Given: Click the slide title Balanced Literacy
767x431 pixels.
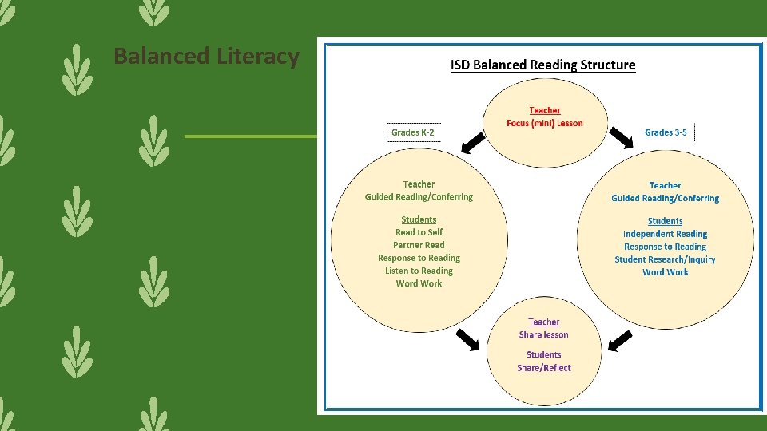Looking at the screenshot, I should (x=206, y=57).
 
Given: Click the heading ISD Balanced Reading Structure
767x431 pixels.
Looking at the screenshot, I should (x=543, y=65).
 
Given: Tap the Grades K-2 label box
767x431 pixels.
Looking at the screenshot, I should (x=413, y=132).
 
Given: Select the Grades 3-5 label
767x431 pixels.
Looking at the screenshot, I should (x=666, y=132).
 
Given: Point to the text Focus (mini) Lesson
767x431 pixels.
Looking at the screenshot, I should (x=545, y=123).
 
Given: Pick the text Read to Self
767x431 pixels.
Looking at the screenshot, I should (x=419, y=232).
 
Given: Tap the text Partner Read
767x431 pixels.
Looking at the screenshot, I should (x=419, y=245).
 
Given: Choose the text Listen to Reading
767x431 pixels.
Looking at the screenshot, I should (x=419, y=271).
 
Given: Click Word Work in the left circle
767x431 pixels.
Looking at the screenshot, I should (x=419, y=283).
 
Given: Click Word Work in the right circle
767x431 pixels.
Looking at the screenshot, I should (x=666, y=272).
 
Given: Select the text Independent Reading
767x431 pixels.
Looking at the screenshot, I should (x=666, y=234).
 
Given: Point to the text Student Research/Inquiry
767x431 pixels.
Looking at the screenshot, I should (x=666, y=259).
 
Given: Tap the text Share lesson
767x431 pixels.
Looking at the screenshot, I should (x=544, y=334).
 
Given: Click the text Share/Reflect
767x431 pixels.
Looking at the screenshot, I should (x=544, y=368).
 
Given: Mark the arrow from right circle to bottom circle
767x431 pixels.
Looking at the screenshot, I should (x=620, y=341).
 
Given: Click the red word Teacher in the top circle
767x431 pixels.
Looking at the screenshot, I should (x=545, y=110).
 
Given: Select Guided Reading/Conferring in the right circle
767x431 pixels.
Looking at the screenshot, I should (x=666, y=198).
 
